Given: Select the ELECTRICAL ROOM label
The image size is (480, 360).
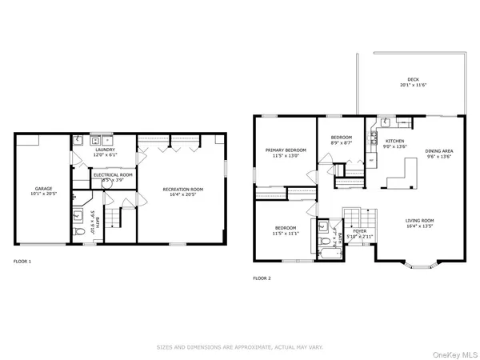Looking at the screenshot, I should [113, 174].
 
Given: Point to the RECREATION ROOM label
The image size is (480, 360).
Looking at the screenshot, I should [183, 190].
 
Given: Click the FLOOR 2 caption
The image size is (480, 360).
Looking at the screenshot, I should [262, 278].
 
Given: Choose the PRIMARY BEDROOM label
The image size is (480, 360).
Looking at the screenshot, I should [286, 150].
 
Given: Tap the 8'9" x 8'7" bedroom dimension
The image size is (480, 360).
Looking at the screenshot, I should [342, 142].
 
